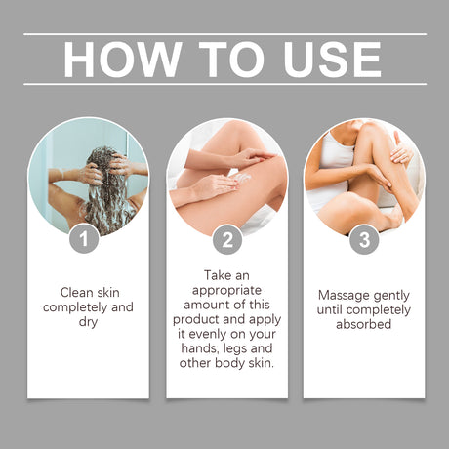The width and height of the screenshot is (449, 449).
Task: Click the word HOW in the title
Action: coord(123,60)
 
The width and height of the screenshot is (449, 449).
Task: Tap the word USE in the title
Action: coord(332,60)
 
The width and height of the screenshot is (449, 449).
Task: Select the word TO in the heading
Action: coord(231,60)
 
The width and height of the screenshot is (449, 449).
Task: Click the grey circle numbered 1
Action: coord(84,239)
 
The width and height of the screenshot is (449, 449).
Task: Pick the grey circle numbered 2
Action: coord(227,240)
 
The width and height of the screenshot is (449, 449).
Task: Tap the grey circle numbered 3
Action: coord(364,240)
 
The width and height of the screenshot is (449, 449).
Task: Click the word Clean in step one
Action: coord(77,292)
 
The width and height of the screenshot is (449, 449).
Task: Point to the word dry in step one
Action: coord(88,322)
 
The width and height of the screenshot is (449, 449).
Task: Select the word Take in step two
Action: coord(216,275)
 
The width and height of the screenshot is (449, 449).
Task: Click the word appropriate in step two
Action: coord(226,291)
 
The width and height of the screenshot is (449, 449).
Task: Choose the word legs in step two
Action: coord(235,349)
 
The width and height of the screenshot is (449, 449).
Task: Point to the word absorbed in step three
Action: coord(364,324)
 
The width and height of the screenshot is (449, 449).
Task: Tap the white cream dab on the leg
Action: coord(243,178)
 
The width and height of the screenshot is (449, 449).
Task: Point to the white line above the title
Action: coord(224,34)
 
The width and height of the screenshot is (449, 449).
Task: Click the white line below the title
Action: coord(224,84)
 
